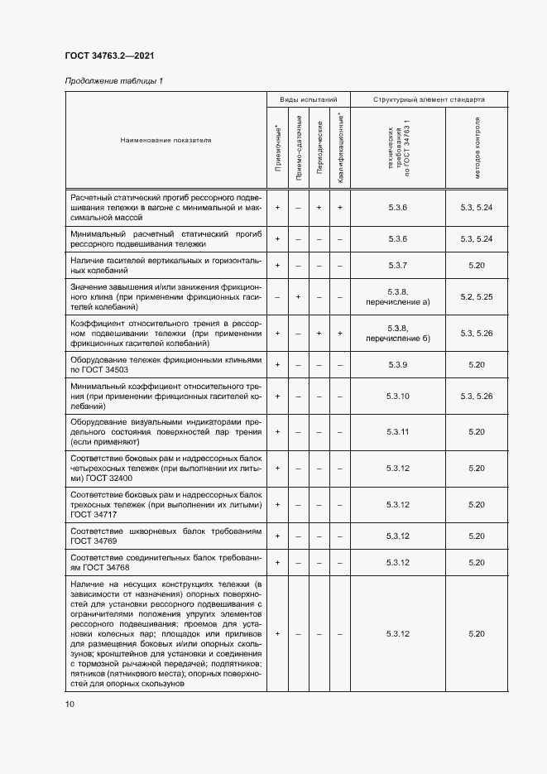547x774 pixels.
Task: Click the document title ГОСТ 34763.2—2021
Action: pyautogui.click(x=109, y=55)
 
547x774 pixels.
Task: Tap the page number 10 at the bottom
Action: pyautogui.click(x=70, y=704)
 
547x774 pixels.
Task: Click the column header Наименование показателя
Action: pyautogui.click(x=166, y=140)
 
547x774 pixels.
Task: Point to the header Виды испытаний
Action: pyautogui.click(x=308, y=99)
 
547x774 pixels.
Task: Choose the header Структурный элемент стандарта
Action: pyautogui.click(x=429, y=99)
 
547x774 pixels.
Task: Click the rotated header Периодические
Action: pyautogui.click(x=319, y=150)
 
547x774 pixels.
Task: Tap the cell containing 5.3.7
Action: pyautogui.click(x=398, y=265)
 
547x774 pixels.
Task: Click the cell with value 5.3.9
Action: pyautogui.click(x=398, y=364)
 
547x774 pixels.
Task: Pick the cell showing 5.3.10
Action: pyautogui.click(x=398, y=397)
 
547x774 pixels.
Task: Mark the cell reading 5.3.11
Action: pyautogui.click(x=398, y=431)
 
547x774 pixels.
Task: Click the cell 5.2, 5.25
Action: pyautogui.click(x=476, y=296)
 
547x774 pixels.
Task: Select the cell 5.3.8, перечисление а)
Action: pyautogui.click(x=398, y=296)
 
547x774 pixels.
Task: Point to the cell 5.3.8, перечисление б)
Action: pyautogui.click(x=398, y=333)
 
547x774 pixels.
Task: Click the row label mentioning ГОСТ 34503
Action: pyautogui.click(x=166, y=364)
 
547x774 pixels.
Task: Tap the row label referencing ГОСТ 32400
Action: pyautogui.click(x=166, y=468)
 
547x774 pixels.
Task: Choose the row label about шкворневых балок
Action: pyautogui.click(x=166, y=536)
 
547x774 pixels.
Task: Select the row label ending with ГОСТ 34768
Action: pyautogui.click(x=166, y=563)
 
